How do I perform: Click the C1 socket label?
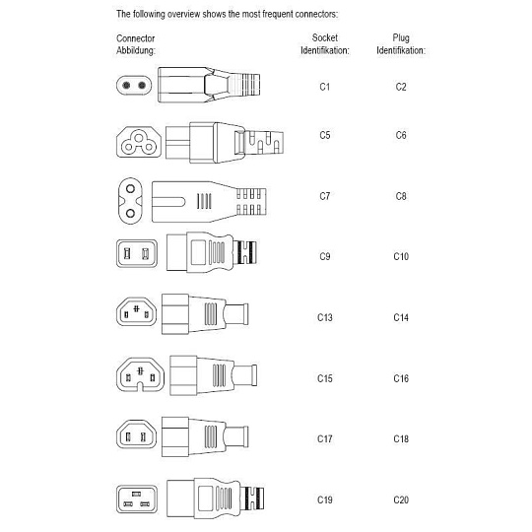tap(325, 87)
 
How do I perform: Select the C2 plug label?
tap(401, 87)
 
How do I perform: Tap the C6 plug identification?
tap(401, 135)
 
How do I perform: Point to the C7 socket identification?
tap(325, 196)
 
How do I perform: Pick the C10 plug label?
tap(401, 256)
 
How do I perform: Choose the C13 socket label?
tap(325, 317)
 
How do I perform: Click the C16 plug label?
tap(401, 378)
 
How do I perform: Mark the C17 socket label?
tap(325, 438)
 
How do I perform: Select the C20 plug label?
tap(401, 499)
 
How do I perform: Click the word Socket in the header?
tap(325, 37)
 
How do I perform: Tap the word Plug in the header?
tap(401, 38)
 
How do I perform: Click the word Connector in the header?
tap(135, 38)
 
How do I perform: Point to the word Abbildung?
tap(136, 51)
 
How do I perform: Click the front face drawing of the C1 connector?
tap(134, 85)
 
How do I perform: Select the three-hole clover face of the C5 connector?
tap(139, 142)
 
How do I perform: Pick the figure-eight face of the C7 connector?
tap(130, 201)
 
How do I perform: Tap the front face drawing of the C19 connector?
tap(137, 499)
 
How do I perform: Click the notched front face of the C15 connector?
tap(140, 374)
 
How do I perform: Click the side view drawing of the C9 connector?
tap(212, 252)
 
